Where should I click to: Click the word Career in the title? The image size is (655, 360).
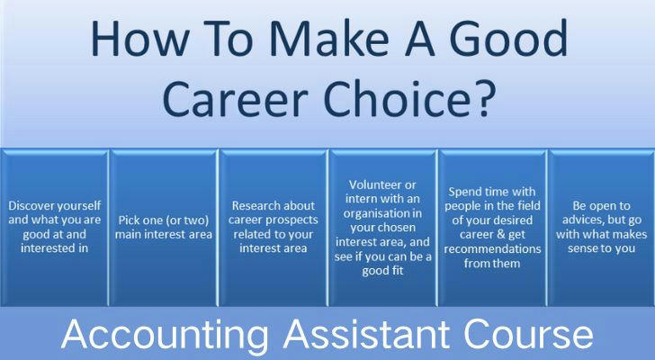pos(235,99)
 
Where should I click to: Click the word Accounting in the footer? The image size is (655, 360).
pos(165,335)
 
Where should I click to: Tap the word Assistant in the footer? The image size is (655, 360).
pos(366,334)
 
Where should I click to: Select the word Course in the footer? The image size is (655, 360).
pos(529,334)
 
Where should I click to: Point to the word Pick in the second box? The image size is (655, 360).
pos(128,220)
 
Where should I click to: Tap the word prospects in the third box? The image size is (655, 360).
pos(294,220)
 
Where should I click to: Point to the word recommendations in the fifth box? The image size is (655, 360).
pos(492,249)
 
